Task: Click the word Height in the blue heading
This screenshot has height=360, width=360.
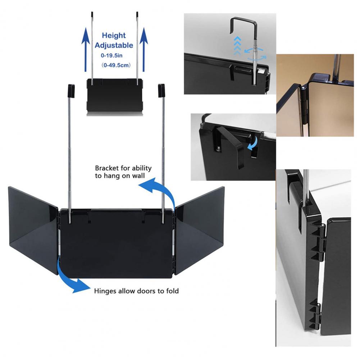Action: tap(114, 35)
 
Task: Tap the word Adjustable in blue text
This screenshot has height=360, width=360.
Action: tap(114, 45)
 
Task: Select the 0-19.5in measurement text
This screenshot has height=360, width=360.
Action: tap(111, 55)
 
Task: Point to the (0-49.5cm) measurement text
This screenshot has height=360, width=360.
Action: tap(116, 65)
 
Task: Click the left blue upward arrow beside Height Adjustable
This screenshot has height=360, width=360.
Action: tap(86, 49)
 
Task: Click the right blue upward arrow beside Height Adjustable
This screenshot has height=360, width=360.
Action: tap(144, 49)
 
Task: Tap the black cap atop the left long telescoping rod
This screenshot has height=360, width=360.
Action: tap(71, 91)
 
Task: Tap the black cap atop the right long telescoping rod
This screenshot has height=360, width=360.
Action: tap(161, 91)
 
